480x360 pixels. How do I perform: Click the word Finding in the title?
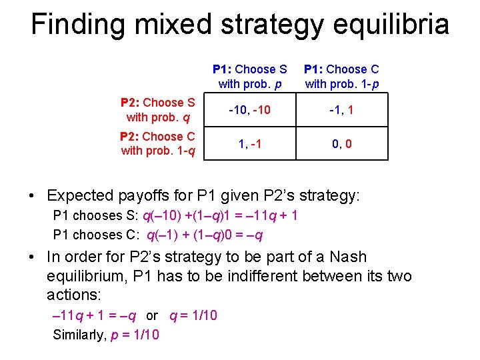pyautogui.click(x=74, y=25)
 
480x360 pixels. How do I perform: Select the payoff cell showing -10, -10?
pyautogui.click(x=249, y=110)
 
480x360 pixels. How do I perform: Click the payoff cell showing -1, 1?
pyautogui.click(x=341, y=110)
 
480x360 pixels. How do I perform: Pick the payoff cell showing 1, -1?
pyautogui.click(x=249, y=143)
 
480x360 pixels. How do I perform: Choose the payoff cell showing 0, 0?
pyautogui.click(x=341, y=143)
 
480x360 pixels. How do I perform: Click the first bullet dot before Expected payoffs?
pyautogui.click(x=32, y=197)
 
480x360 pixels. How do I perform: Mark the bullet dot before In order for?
pyautogui.click(x=32, y=257)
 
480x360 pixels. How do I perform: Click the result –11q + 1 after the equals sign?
pyautogui.click(x=269, y=215)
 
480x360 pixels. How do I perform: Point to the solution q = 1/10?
pyautogui.click(x=193, y=315)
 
